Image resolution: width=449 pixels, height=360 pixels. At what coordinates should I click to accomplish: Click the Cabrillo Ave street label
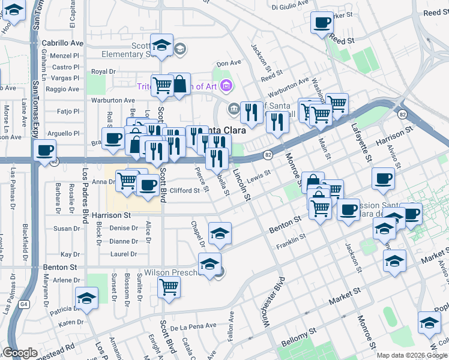tap(62, 43)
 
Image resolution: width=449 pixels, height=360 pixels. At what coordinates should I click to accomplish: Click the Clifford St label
tap(184, 191)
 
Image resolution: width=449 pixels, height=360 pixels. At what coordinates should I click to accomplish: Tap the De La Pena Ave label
tap(193, 326)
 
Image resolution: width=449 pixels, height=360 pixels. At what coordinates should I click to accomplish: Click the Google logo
tap(20, 353)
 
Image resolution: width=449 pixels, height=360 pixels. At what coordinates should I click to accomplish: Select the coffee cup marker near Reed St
tap(321, 23)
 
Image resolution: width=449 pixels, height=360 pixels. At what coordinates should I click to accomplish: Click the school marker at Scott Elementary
tap(161, 45)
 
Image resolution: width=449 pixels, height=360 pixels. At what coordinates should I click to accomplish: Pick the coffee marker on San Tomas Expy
tap(44, 150)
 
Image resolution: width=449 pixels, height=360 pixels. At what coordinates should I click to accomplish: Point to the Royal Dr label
tap(103, 71)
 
